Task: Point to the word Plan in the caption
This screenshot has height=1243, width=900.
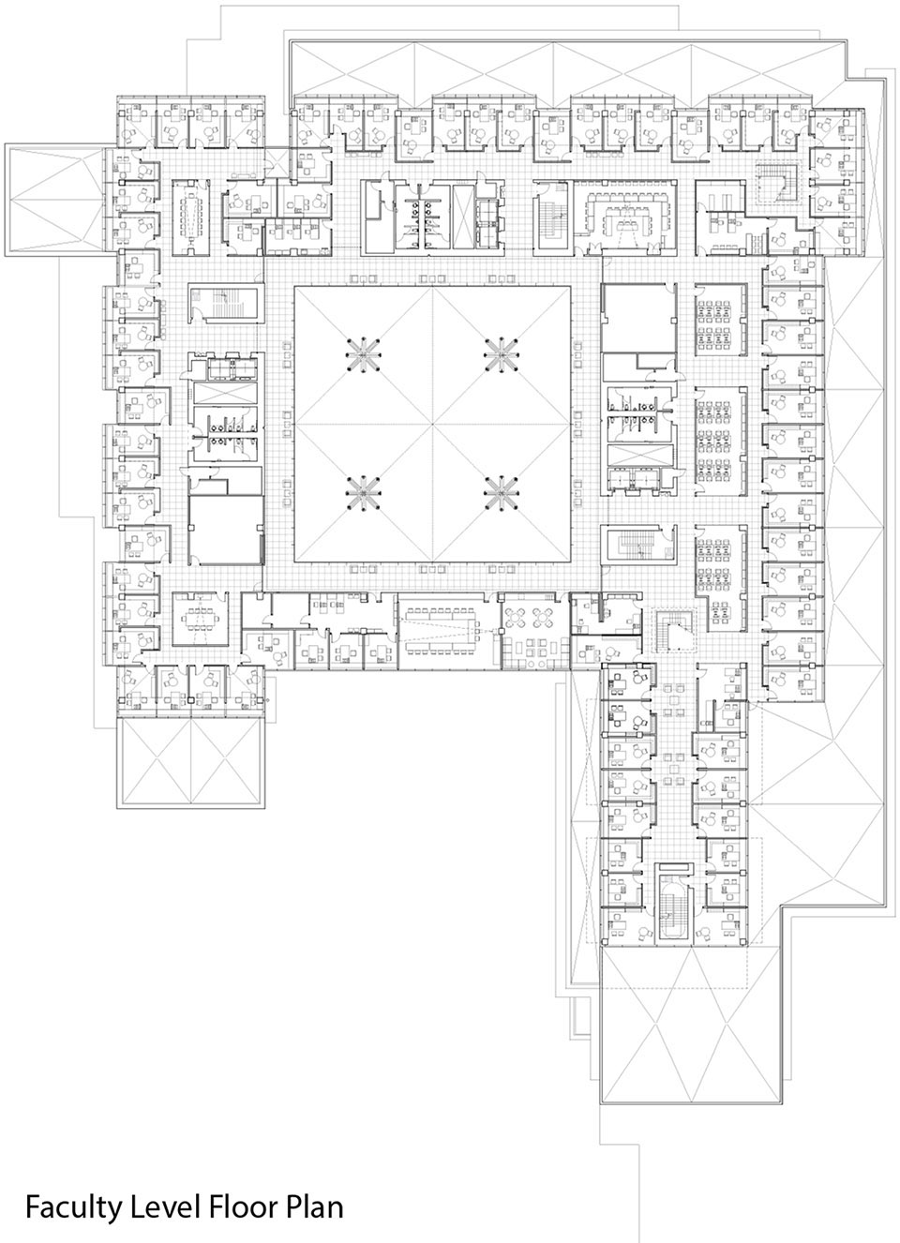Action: click(314, 1206)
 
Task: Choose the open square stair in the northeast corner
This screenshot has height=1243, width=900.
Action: click(774, 182)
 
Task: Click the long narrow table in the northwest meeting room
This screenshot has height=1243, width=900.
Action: click(195, 214)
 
